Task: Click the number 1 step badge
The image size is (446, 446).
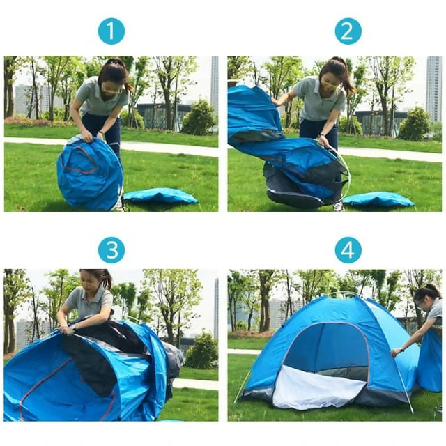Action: (111, 31)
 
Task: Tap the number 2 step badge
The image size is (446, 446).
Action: (348, 31)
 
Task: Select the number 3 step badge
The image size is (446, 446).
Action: (111, 250)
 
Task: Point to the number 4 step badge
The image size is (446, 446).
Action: (348, 250)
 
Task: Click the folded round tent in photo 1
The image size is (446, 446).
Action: (90, 174)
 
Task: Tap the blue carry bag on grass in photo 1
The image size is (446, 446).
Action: (161, 196)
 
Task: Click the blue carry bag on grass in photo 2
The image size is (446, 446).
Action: (378, 199)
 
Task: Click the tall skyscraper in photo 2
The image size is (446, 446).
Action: (433, 89)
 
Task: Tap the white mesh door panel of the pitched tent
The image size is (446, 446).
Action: (317, 387)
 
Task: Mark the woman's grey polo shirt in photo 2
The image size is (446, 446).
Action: (319, 99)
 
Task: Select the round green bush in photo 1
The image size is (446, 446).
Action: (199, 117)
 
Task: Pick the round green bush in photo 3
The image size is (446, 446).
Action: (201, 350)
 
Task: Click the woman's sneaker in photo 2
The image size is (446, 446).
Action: (338, 206)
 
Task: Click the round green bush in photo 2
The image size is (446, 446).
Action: (415, 124)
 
